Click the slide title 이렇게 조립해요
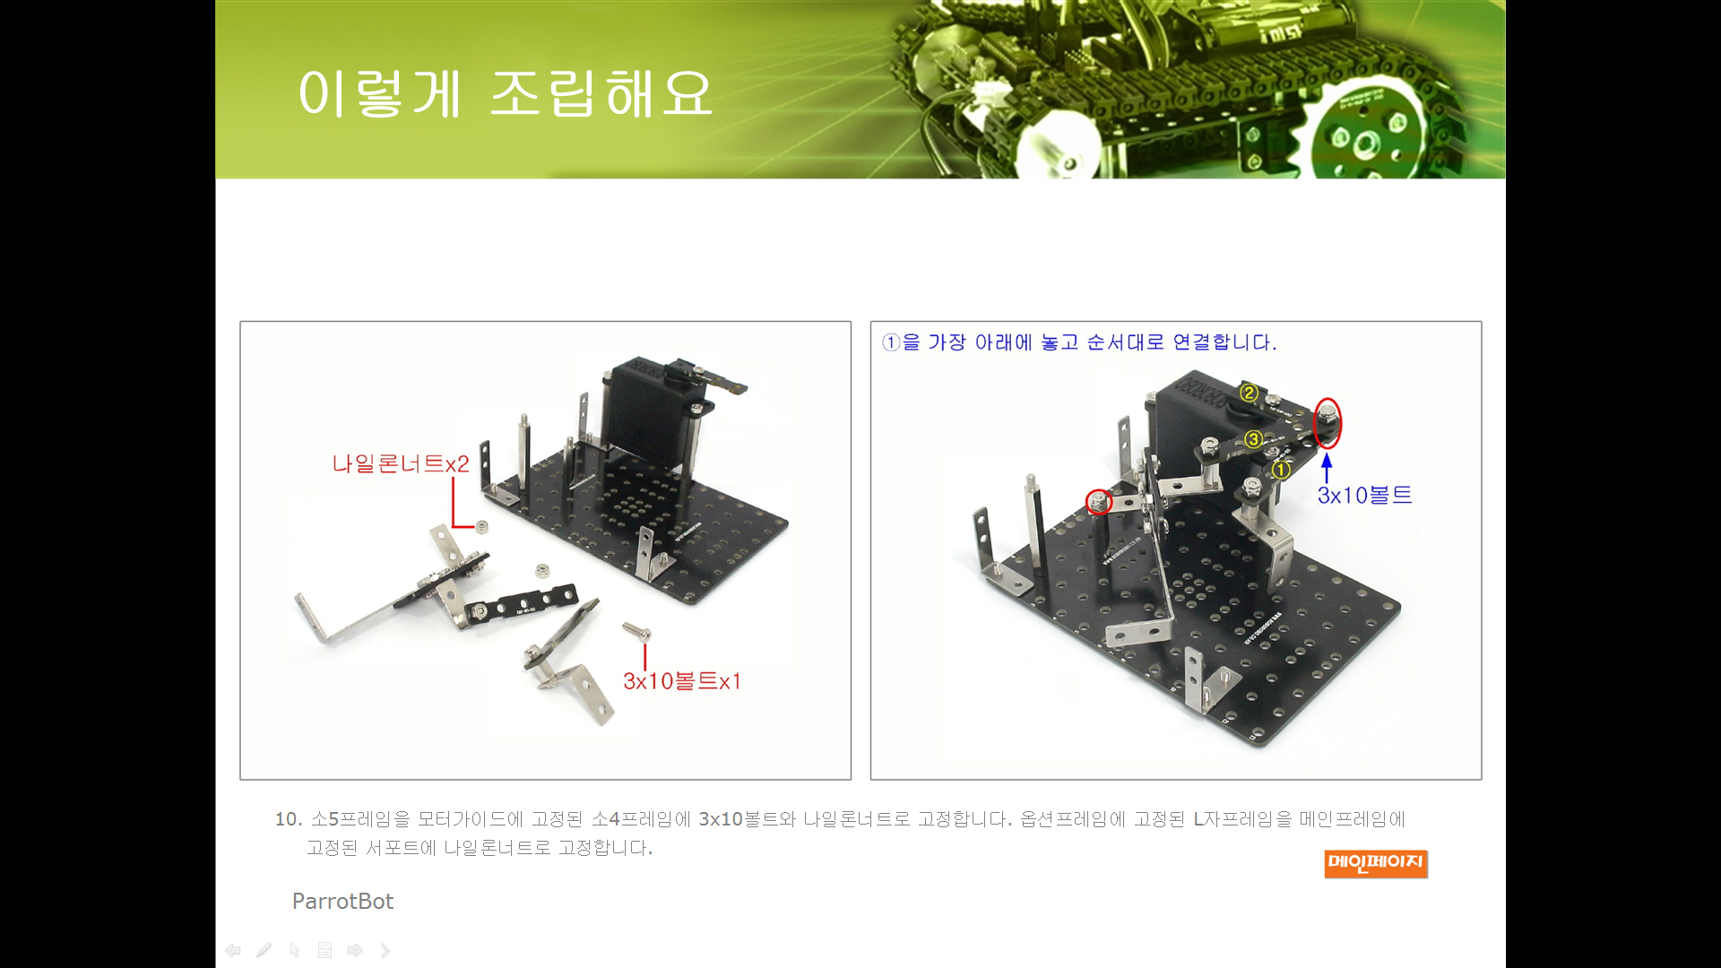click(505, 93)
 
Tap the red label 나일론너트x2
click(401, 463)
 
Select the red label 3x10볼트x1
click(682, 681)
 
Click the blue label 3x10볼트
click(1364, 495)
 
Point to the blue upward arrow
click(1327, 469)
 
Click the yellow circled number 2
click(1249, 393)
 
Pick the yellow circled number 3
click(1253, 439)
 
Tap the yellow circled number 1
click(1281, 469)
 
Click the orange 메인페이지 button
click(1376, 863)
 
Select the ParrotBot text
click(342, 901)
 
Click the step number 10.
click(288, 818)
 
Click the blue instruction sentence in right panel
click(1079, 342)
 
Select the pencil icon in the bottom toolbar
click(264, 950)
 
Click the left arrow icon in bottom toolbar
click(233, 950)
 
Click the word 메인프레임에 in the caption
click(1352, 818)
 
